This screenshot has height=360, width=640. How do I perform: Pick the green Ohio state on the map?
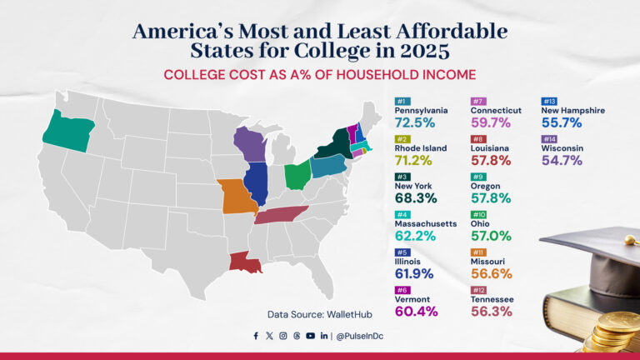(297, 176)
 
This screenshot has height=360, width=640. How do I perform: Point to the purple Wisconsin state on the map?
(249, 143)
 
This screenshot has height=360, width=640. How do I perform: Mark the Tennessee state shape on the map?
(280, 215)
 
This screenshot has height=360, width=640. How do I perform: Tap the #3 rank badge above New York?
(402, 177)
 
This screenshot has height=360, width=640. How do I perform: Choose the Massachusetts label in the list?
(425, 224)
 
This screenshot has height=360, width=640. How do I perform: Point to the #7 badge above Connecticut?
(478, 101)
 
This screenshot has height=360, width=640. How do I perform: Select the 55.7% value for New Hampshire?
(562, 122)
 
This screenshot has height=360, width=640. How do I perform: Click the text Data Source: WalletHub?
(318, 314)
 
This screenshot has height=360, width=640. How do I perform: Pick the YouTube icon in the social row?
(311, 336)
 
